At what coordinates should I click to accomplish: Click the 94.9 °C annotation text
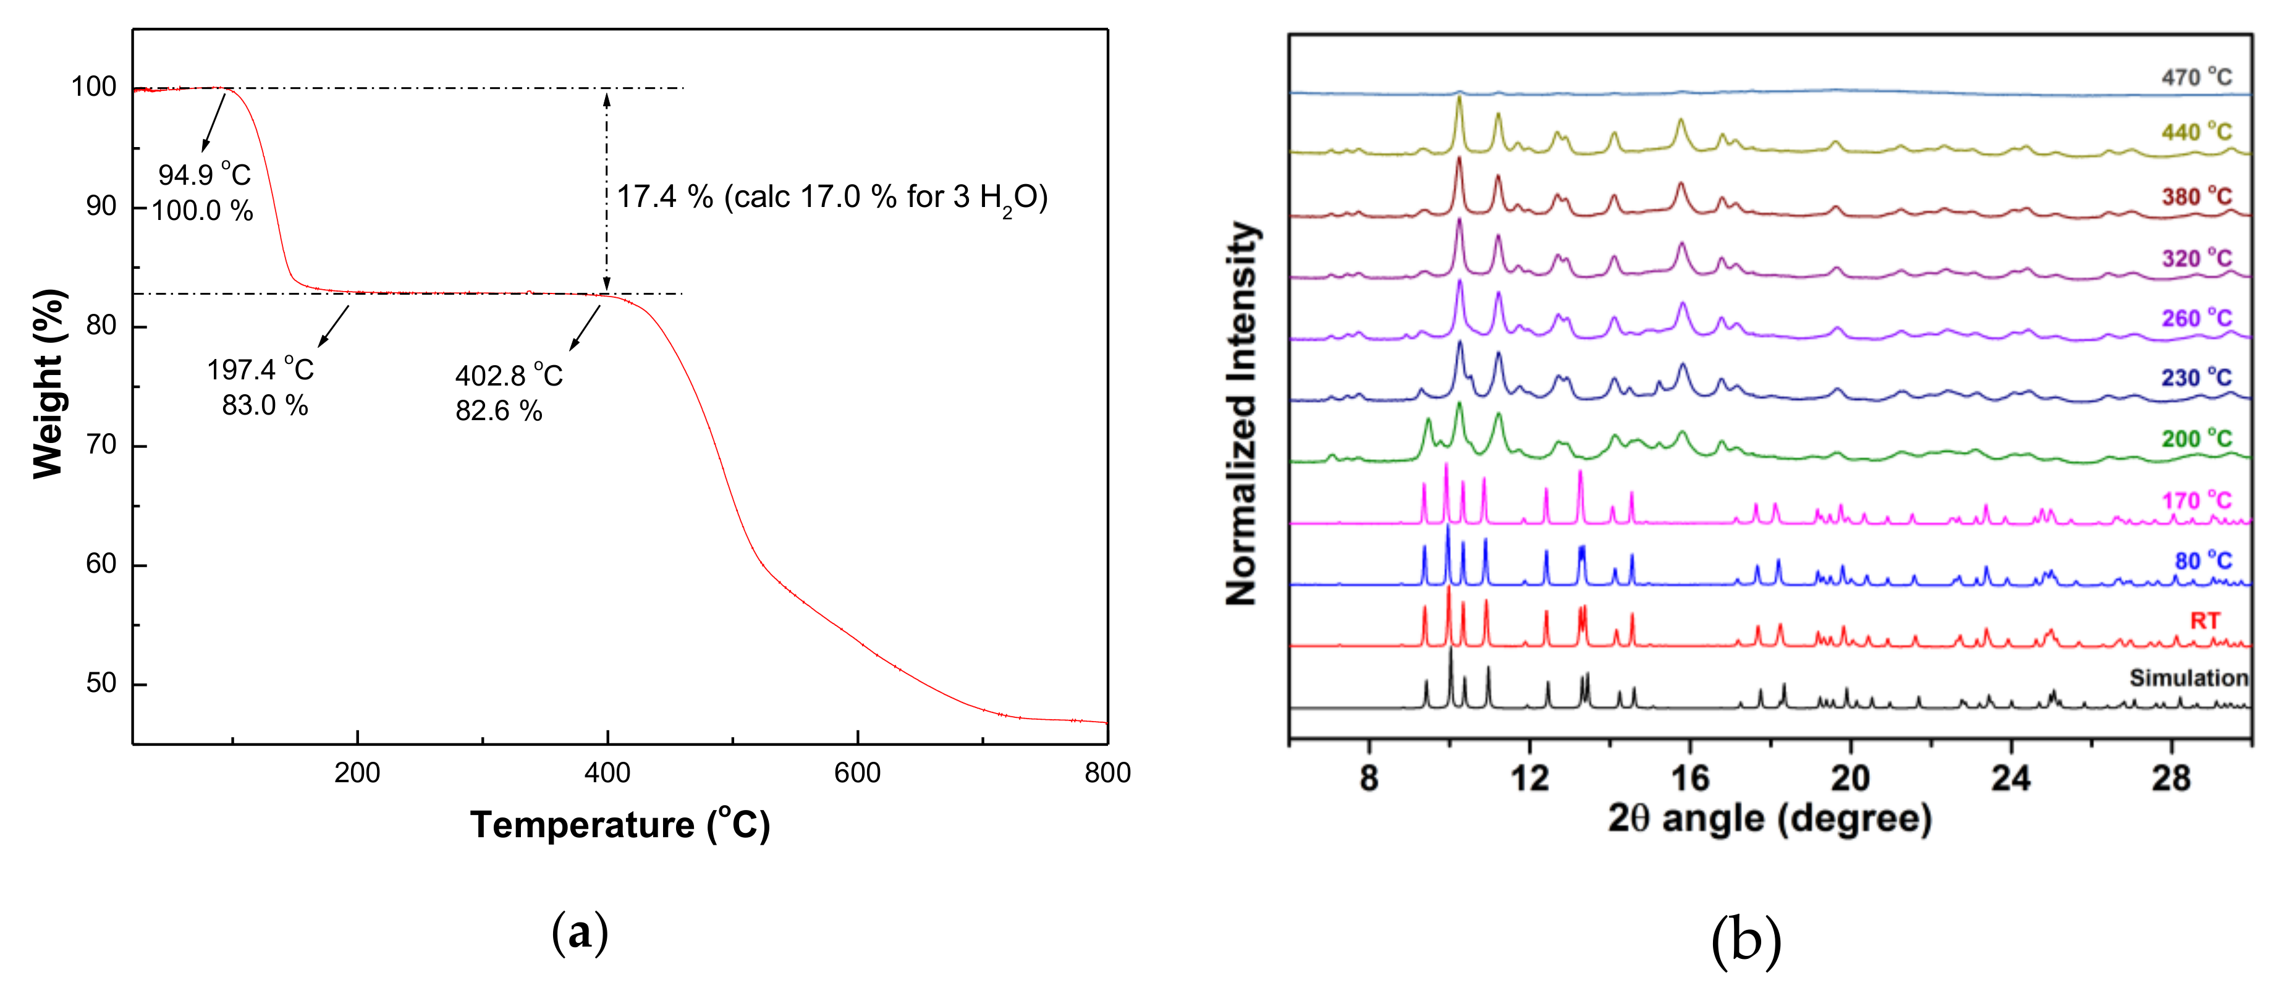[205, 174]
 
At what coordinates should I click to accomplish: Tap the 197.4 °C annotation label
[260, 369]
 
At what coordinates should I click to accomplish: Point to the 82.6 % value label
[498, 410]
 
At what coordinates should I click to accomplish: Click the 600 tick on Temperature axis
[856, 772]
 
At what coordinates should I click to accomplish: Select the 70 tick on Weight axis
[101, 445]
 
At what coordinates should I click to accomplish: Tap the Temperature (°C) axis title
[619, 824]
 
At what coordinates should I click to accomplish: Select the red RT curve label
[2205, 620]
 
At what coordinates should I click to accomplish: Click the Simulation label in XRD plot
[2188, 678]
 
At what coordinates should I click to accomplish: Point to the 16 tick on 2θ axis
[1690, 779]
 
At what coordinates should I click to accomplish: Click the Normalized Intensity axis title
[1241, 413]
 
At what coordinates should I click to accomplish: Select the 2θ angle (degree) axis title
[1769, 818]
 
